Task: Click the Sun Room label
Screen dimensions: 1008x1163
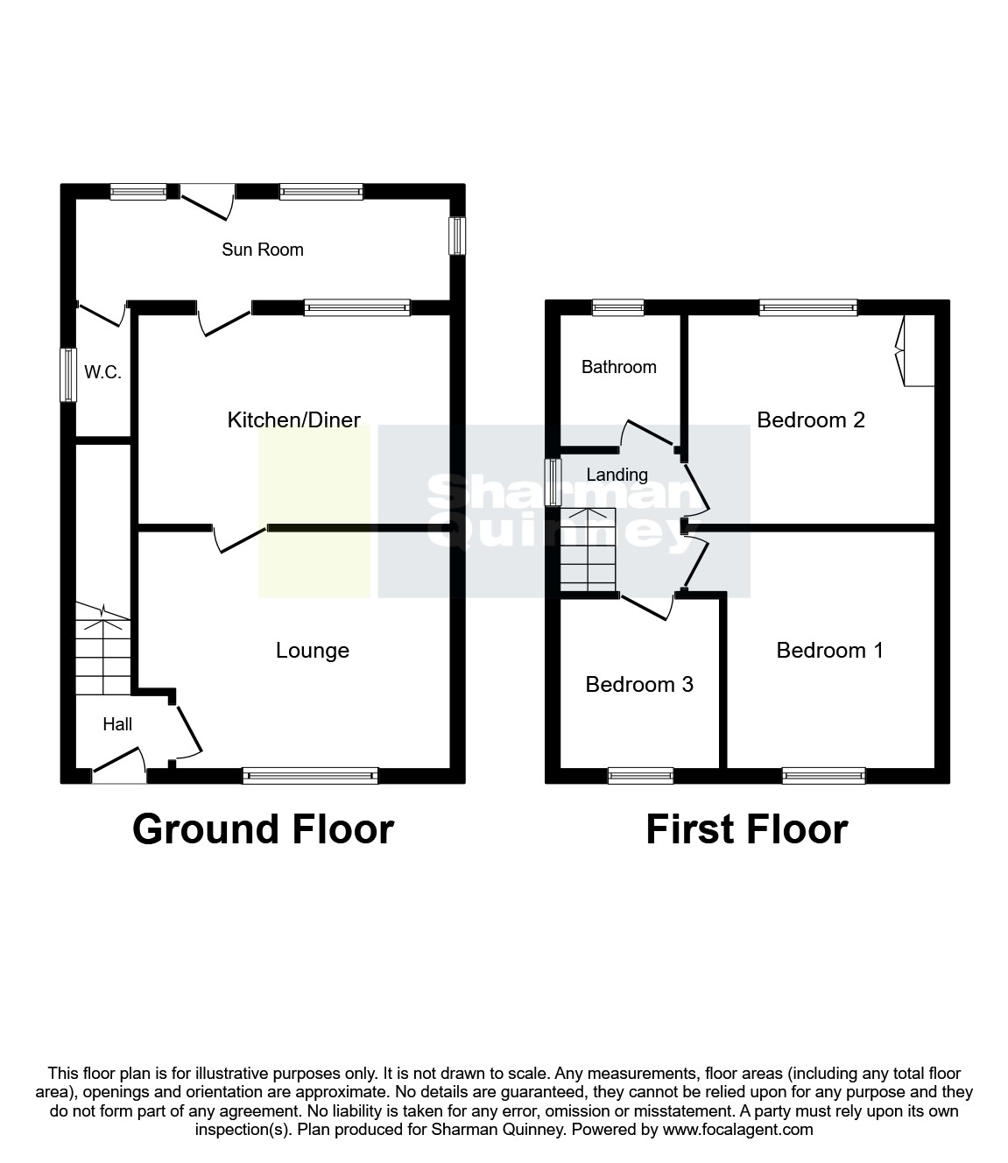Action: click(262, 250)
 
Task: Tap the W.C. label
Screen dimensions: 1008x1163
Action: click(103, 372)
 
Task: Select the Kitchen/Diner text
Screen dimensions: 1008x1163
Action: click(293, 419)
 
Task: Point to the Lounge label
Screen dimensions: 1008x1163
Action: click(313, 651)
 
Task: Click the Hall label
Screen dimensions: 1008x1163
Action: click(117, 724)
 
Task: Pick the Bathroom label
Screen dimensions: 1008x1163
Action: click(618, 367)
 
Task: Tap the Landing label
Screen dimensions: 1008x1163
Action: click(617, 475)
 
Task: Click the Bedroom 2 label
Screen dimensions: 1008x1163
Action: click(810, 419)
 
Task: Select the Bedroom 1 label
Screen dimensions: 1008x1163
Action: click(829, 651)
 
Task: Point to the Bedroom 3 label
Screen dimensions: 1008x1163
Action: click(639, 684)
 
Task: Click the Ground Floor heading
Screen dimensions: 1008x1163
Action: click(263, 829)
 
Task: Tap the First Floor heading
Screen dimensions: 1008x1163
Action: click(747, 829)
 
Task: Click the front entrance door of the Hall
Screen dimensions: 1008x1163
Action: click(119, 765)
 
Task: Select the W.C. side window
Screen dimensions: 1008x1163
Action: click(68, 376)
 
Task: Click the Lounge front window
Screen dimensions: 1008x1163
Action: click(310, 776)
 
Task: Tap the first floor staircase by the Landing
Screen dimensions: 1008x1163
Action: click(589, 550)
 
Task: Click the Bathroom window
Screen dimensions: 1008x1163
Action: click(618, 307)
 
